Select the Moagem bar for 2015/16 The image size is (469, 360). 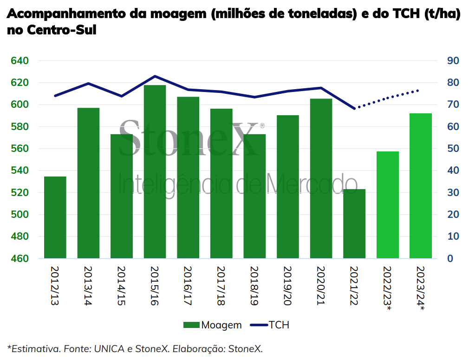point(155,171)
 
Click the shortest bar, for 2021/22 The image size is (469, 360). point(354,223)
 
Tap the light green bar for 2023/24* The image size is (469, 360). point(421,186)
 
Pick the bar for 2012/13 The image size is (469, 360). point(55,217)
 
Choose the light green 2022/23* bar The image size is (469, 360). point(388,205)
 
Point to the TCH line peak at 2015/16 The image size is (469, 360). point(155,76)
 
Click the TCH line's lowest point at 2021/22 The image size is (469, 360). point(355,108)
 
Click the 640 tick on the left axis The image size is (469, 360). point(20,61)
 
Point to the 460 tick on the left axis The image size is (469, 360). point(20,258)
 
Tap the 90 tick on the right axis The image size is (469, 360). point(453,61)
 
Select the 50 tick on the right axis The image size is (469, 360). point(453,149)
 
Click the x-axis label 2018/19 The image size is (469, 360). point(254,286)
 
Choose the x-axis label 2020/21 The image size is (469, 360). point(321,286)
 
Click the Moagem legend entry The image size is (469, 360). point(212,325)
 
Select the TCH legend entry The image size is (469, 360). point(269,325)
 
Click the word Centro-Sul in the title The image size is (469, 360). point(62,30)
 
